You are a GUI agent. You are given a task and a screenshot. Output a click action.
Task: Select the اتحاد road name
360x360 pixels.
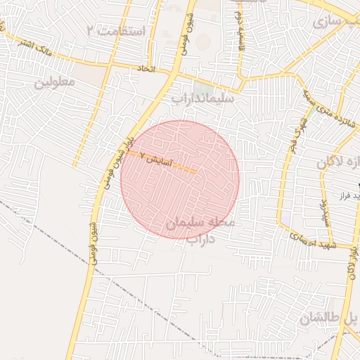pos(146,69)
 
